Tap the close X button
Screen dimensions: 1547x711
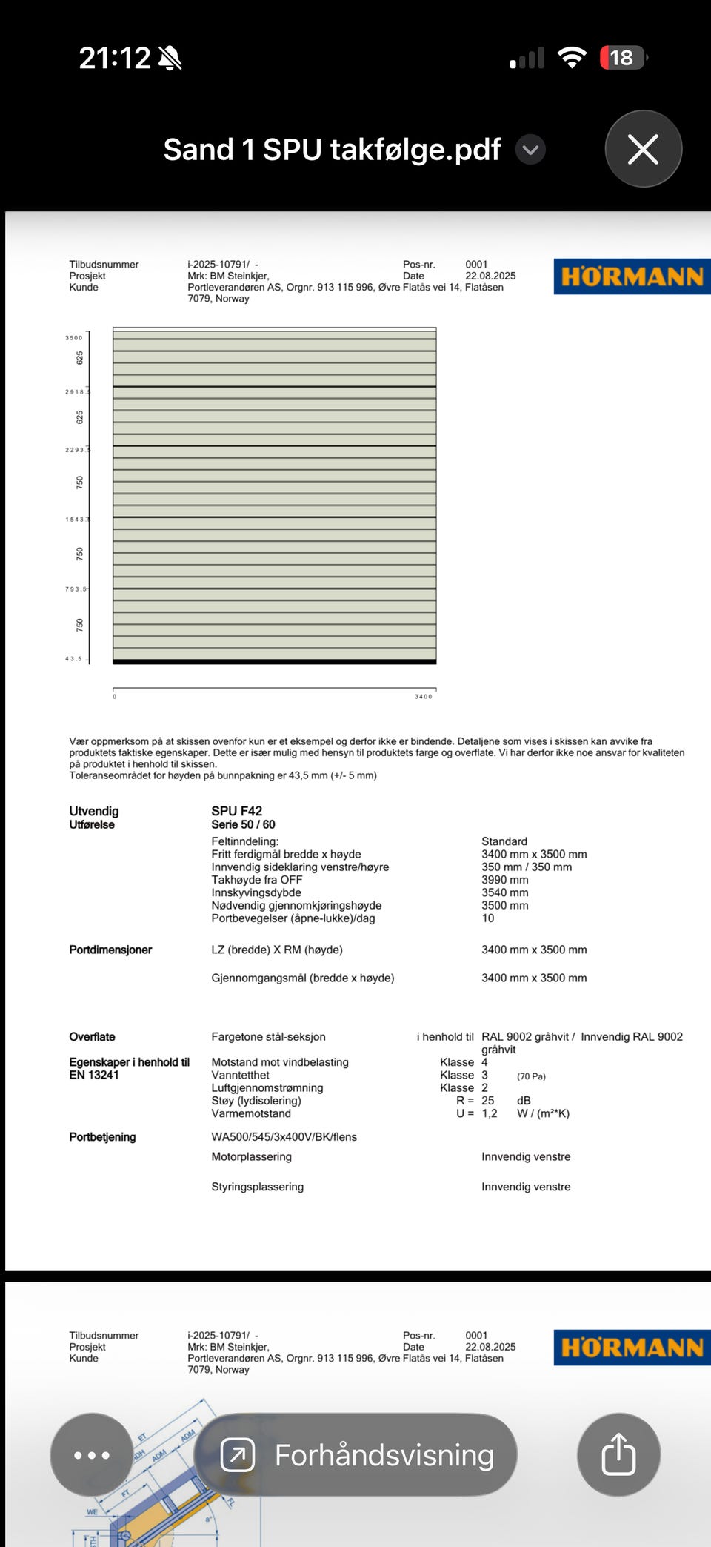(643, 149)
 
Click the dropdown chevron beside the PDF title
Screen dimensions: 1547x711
(530, 150)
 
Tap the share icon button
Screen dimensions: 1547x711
(618, 1454)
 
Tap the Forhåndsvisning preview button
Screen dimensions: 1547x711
(356, 1454)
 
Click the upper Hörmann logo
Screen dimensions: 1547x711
(632, 276)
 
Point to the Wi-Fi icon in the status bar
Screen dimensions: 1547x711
(571, 58)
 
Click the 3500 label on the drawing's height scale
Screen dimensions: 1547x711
(74, 338)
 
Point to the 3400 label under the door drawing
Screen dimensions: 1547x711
(424, 697)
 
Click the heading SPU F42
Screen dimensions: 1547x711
(236, 811)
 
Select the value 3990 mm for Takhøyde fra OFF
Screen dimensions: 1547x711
(505, 880)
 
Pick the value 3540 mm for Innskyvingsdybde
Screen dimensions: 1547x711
(505, 892)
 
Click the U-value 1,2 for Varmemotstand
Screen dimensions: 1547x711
(490, 1113)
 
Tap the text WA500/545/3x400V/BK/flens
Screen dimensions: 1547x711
(284, 1137)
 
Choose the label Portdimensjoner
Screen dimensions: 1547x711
(110, 950)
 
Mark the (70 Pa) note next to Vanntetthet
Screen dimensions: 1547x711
(531, 1076)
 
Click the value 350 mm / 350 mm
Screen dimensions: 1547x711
(527, 867)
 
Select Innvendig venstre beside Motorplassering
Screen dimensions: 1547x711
(526, 1156)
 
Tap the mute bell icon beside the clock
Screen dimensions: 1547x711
(170, 58)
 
